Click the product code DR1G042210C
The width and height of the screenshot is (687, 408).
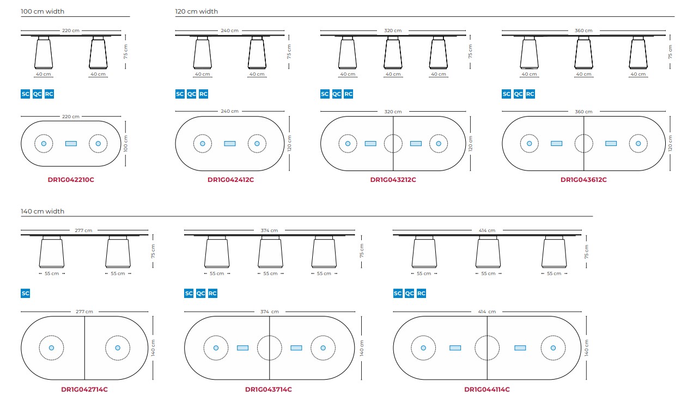[71, 180]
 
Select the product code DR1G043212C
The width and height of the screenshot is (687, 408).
[393, 180]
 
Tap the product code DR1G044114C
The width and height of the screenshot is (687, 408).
[487, 389]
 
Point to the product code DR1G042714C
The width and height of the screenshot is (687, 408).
[84, 389]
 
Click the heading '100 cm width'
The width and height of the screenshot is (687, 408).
[42, 11]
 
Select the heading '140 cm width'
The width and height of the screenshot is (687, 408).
[42, 211]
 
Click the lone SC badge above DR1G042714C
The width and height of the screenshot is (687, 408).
[26, 293]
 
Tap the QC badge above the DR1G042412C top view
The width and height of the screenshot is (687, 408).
[191, 94]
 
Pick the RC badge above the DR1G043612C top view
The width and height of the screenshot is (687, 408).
[530, 94]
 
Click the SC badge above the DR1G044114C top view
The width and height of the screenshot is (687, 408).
[398, 293]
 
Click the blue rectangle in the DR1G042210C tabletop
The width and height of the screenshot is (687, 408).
[71, 144]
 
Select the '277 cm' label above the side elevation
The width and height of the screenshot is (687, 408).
[83, 230]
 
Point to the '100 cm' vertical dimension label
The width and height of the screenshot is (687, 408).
[125, 144]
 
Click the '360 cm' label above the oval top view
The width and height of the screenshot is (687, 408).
[583, 112]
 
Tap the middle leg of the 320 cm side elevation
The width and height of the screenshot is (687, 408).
[393, 53]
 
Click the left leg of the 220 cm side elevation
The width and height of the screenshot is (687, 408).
[44, 53]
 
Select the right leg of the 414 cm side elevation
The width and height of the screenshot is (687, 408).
[554, 252]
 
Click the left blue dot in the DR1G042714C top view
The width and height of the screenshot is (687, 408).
[51, 348]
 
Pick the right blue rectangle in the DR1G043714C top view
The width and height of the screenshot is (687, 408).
[296, 348]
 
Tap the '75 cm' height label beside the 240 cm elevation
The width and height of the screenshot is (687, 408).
[289, 52]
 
